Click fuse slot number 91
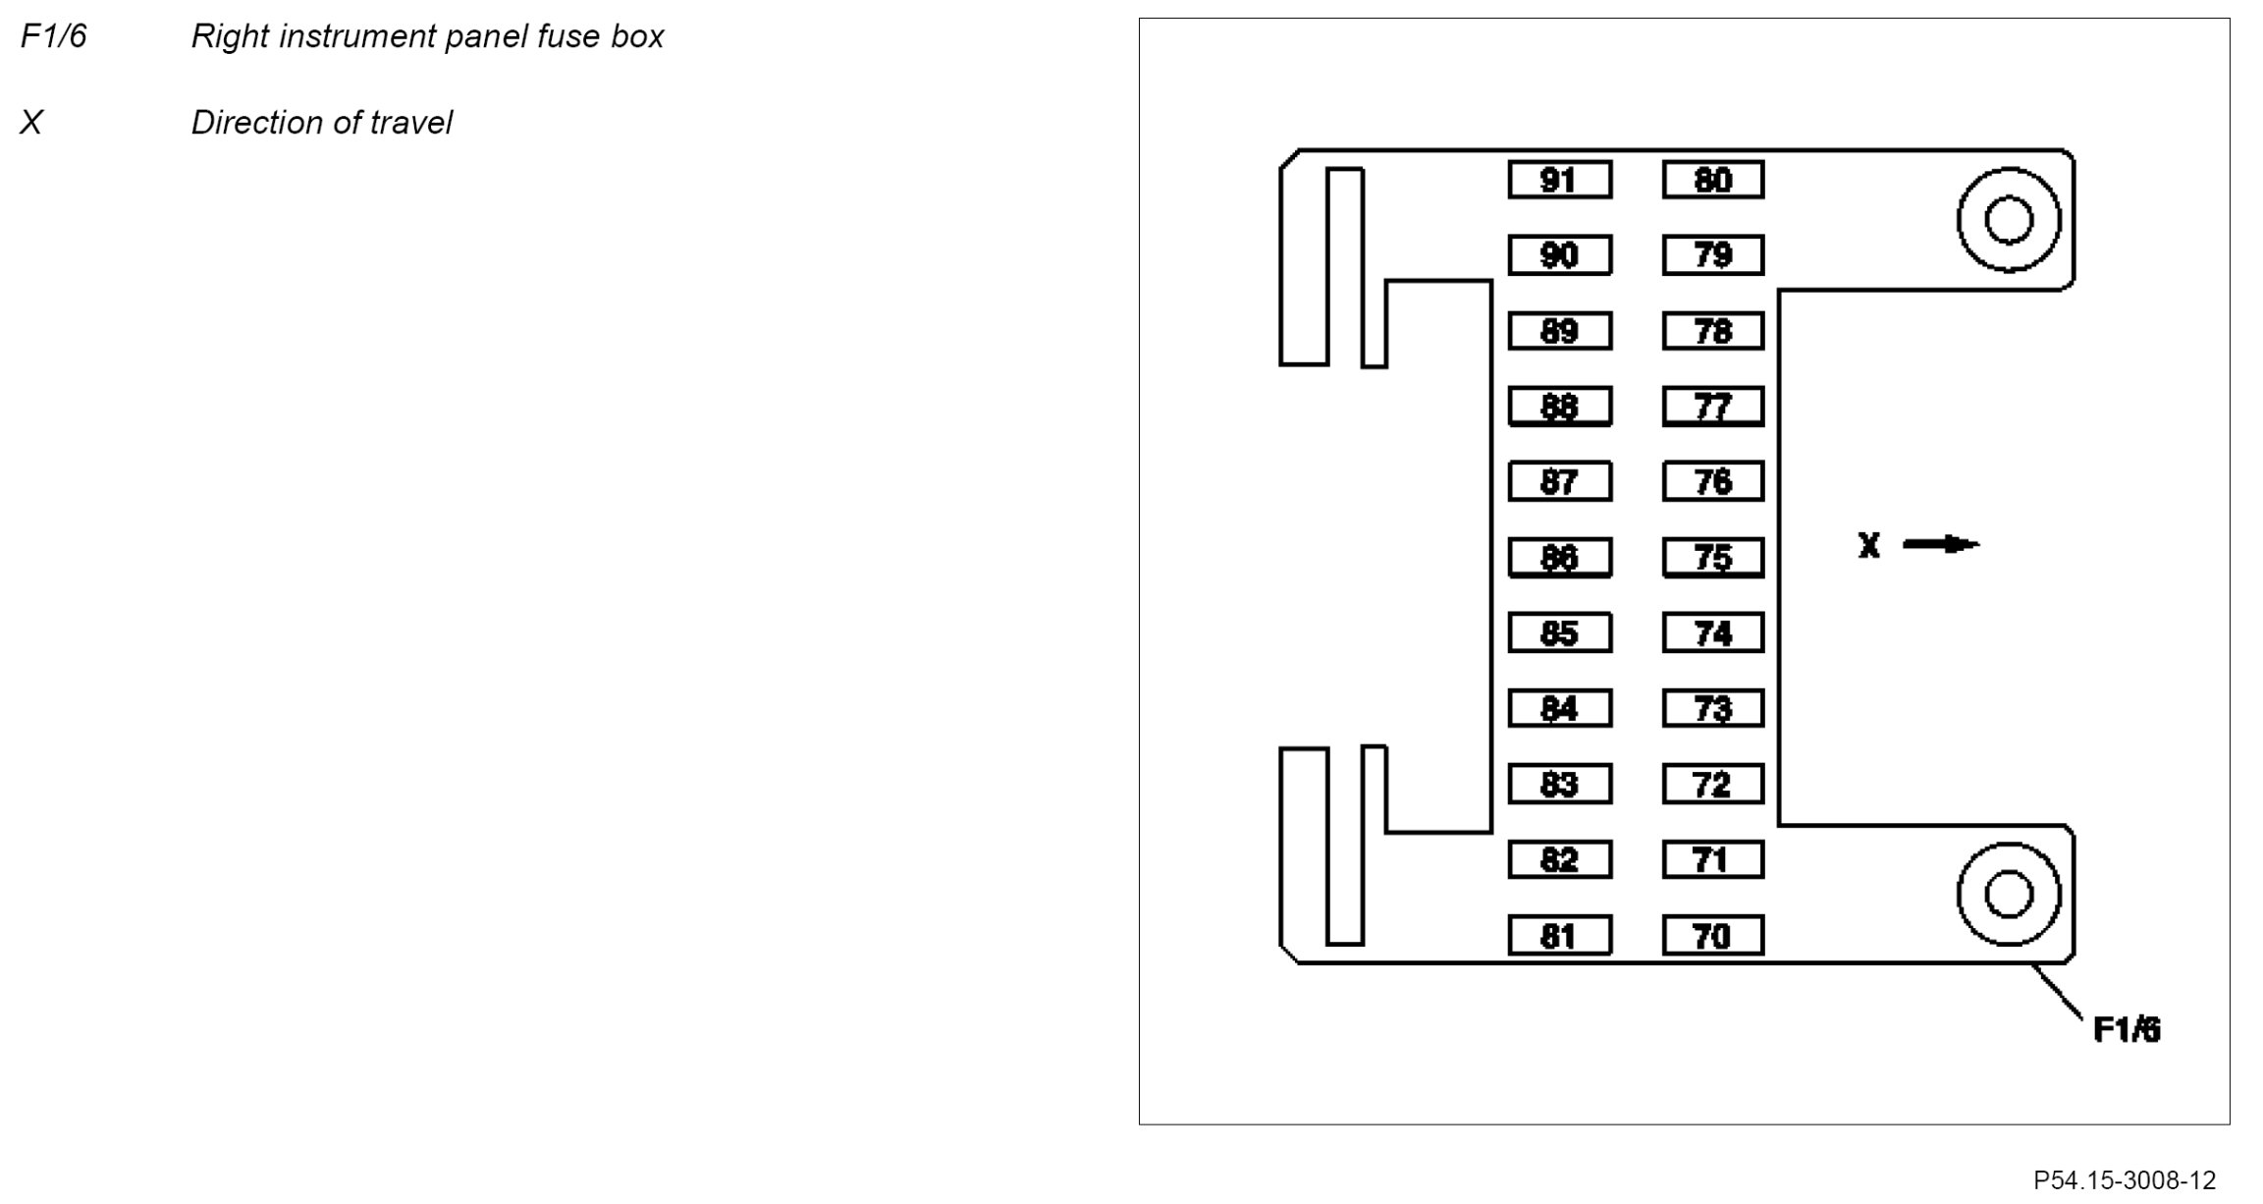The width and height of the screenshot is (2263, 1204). click(1559, 181)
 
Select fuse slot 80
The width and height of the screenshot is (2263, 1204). click(1712, 181)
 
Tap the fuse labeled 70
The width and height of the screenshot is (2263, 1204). click(1712, 936)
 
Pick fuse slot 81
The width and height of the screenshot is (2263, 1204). click(1559, 936)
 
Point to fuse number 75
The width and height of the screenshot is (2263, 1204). click(1712, 558)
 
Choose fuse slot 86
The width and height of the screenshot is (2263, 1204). click(1559, 558)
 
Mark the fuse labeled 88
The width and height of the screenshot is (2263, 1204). click(1559, 407)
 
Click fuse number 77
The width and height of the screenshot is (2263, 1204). click(1712, 407)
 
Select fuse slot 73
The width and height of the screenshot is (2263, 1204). click(1712, 708)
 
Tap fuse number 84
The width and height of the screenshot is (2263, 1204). click(1559, 708)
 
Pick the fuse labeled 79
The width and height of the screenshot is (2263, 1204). click(1712, 255)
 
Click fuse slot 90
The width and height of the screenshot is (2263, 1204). click(1559, 255)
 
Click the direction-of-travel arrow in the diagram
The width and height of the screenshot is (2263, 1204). click(1941, 544)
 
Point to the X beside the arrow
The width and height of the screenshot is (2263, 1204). click(1868, 545)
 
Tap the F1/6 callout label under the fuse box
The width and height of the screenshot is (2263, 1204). click(2127, 1030)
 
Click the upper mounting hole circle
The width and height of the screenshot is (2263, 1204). click(2008, 220)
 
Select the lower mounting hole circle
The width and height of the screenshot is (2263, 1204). click(2008, 895)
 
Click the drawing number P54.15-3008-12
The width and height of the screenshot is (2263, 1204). click(2124, 1179)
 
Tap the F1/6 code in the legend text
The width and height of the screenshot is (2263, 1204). click(54, 36)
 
